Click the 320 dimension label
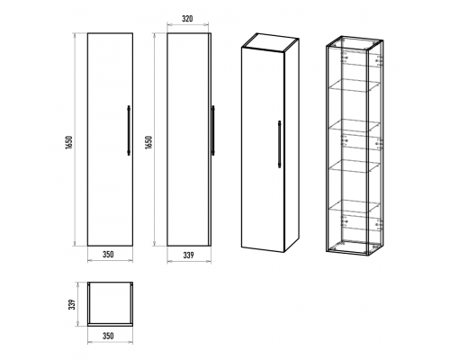coord(187,19)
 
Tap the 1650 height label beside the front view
coord(69,142)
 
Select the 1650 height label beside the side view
coord(148,142)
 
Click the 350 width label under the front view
coord(108,255)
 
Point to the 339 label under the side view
coord(188,255)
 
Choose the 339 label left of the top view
coord(72,304)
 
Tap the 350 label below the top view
coord(108,336)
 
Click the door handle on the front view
coord(129,130)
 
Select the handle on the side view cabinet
coord(213,130)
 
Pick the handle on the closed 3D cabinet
coord(280,144)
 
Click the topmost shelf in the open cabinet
coord(354,85)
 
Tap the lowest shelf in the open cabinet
coord(354,206)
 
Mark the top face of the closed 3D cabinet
coord(270,42)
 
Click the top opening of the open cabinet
coord(355,44)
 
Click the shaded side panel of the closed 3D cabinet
coord(292,146)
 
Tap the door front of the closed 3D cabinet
coord(263,149)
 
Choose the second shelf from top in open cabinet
coord(354,125)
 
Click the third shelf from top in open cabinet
coord(354,166)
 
